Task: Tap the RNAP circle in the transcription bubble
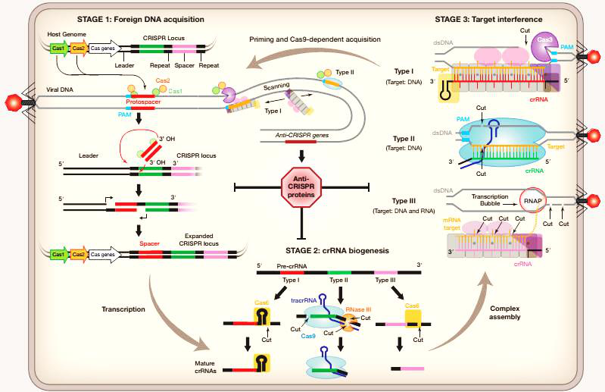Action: pyautogui.click(x=532, y=200)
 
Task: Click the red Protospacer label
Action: pyautogui.click(x=144, y=101)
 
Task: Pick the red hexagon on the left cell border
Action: pyautogui.click(x=11, y=102)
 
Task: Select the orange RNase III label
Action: pyautogui.click(x=360, y=309)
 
